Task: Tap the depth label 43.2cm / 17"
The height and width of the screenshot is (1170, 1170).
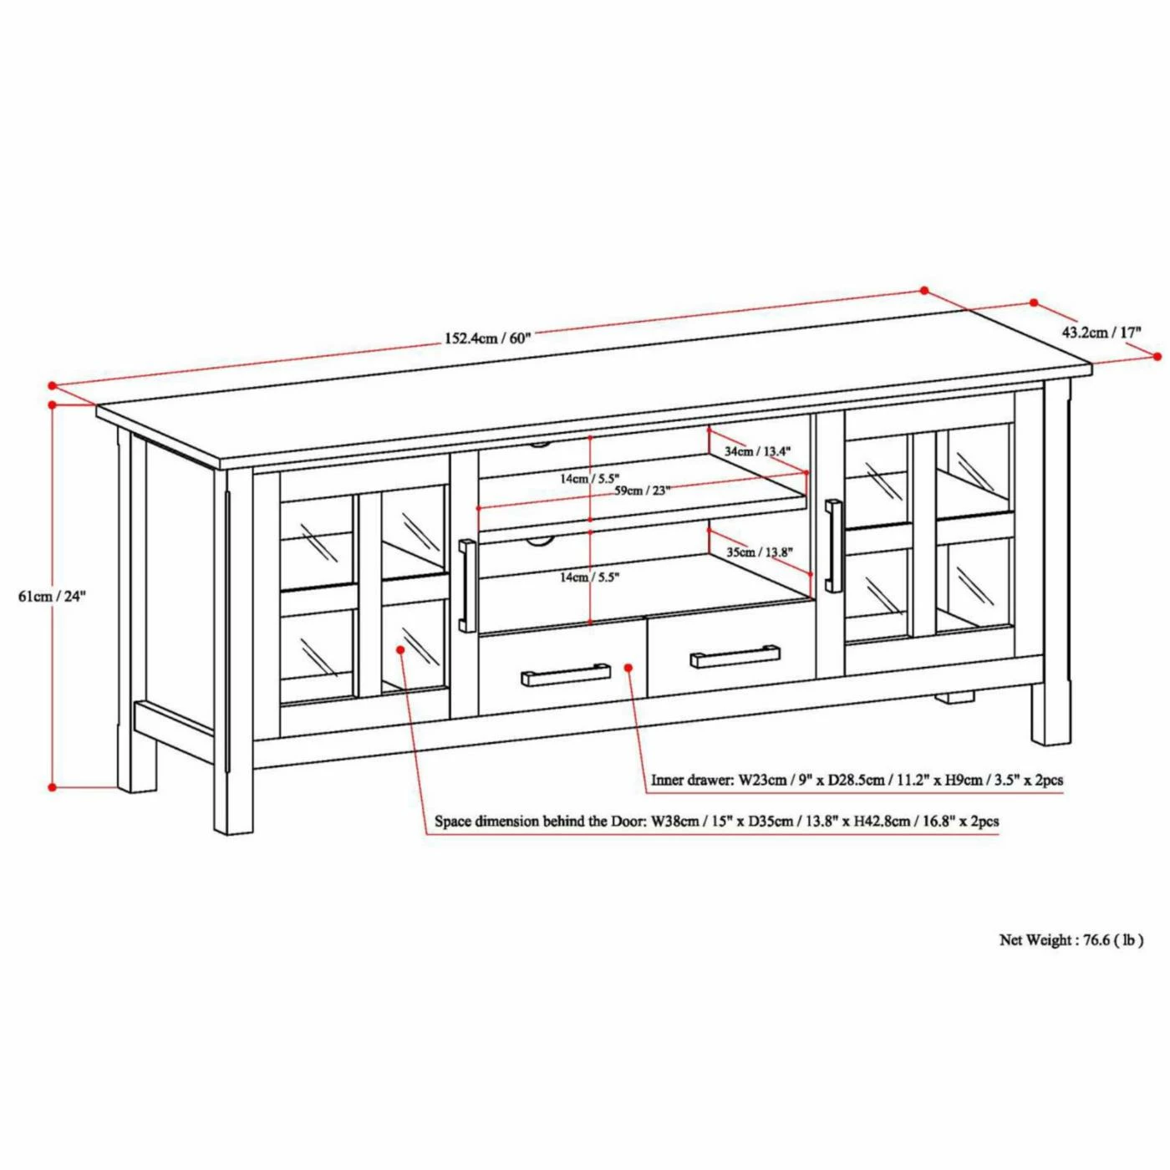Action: click(x=1102, y=332)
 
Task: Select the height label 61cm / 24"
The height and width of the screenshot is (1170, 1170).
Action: click(x=53, y=596)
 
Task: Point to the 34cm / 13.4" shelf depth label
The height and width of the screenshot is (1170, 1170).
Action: click(x=758, y=452)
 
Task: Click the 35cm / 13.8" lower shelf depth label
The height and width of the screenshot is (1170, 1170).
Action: click(x=760, y=552)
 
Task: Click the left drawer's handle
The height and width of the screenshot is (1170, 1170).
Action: click(x=566, y=674)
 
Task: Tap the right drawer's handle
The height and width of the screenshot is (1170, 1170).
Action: click(x=735, y=656)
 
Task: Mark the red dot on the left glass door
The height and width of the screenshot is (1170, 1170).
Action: click(x=401, y=649)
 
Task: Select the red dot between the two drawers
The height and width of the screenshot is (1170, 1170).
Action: click(x=629, y=668)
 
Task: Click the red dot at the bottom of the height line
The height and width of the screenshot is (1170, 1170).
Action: click(x=53, y=787)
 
